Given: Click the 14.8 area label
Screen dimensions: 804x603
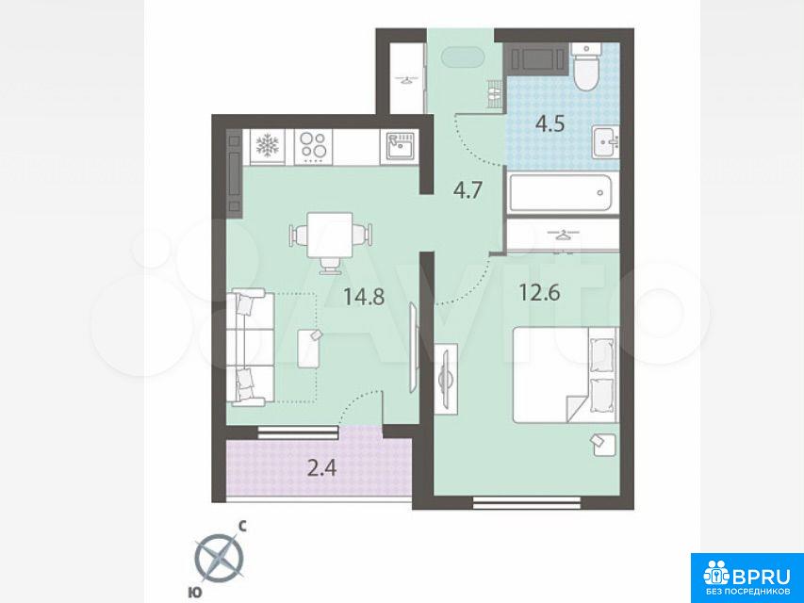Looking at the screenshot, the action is pos(364,297).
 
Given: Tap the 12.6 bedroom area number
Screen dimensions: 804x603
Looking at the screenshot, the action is pos(539,293).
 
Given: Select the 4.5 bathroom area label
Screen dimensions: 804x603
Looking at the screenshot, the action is pos(550,124).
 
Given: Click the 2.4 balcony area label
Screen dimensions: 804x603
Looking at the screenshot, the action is pos(321,467).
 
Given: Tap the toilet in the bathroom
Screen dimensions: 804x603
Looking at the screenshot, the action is pos(586,67).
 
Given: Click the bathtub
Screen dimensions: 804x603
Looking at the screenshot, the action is pos(561,193).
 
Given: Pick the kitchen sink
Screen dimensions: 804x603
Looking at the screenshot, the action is pos(400,147).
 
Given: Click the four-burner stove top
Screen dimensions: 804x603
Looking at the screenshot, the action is pos(313,147).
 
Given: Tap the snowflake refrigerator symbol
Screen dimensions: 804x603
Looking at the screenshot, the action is pos(267,146).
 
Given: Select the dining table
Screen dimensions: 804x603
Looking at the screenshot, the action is pos(330,235).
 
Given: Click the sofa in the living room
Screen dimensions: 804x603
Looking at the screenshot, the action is pos(252,347).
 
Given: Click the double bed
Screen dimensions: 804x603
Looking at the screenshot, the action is pos(565,375).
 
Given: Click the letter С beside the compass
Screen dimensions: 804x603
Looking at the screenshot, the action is pos(244,525).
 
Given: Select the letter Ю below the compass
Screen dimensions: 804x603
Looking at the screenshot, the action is pos(194,593).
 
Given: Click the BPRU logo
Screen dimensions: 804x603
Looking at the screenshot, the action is pos(747,579).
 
